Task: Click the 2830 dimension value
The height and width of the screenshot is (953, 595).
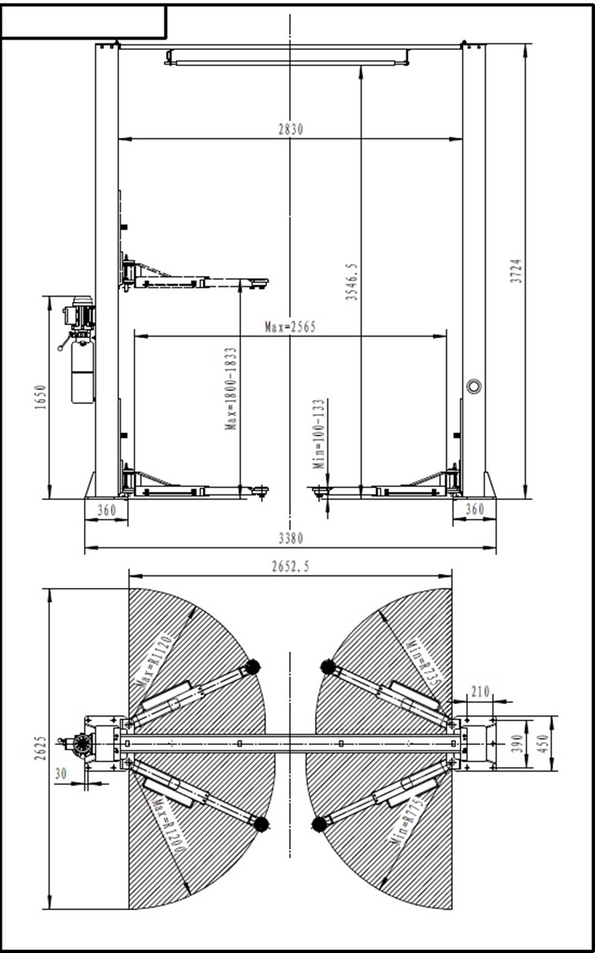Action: pyautogui.click(x=291, y=129)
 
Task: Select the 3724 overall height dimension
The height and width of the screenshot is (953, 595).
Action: pyautogui.click(x=516, y=271)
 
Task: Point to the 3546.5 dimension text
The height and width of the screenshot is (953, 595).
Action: pyautogui.click(x=352, y=282)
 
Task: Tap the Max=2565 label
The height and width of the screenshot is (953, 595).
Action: pyautogui.click(x=290, y=327)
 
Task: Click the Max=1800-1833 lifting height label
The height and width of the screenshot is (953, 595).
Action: pyautogui.click(x=231, y=389)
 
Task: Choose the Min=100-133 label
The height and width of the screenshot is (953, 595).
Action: pyautogui.click(x=319, y=434)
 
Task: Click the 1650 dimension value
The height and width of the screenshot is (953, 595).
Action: pyautogui.click(x=40, y=398)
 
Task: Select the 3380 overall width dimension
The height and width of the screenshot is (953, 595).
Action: pyautogui.click(x=291, y=539)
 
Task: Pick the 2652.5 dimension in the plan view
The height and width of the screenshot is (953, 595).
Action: pyautogui.click(x=291, y=566)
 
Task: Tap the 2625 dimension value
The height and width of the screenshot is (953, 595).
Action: pyautogui.click(x=40, y=749)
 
